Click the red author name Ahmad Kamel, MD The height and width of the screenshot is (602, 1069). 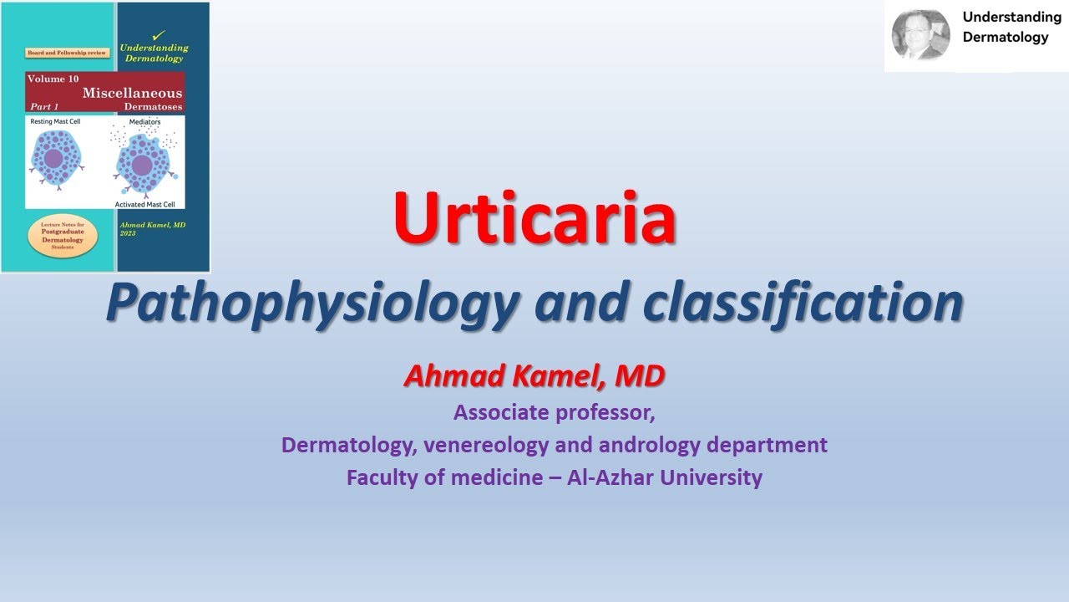[534, 376]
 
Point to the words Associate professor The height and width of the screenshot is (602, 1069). [554, 412]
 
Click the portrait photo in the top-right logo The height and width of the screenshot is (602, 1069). [920, 35]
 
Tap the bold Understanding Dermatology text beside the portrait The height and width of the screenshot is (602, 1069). [1011, 27]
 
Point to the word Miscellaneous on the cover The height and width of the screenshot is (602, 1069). [132, 93]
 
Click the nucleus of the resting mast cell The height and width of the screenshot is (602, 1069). [53, 159]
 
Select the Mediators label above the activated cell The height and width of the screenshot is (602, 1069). [144, 122]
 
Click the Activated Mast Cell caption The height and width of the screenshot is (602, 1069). [148, 203]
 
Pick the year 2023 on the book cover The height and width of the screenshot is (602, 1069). [127, 233]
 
